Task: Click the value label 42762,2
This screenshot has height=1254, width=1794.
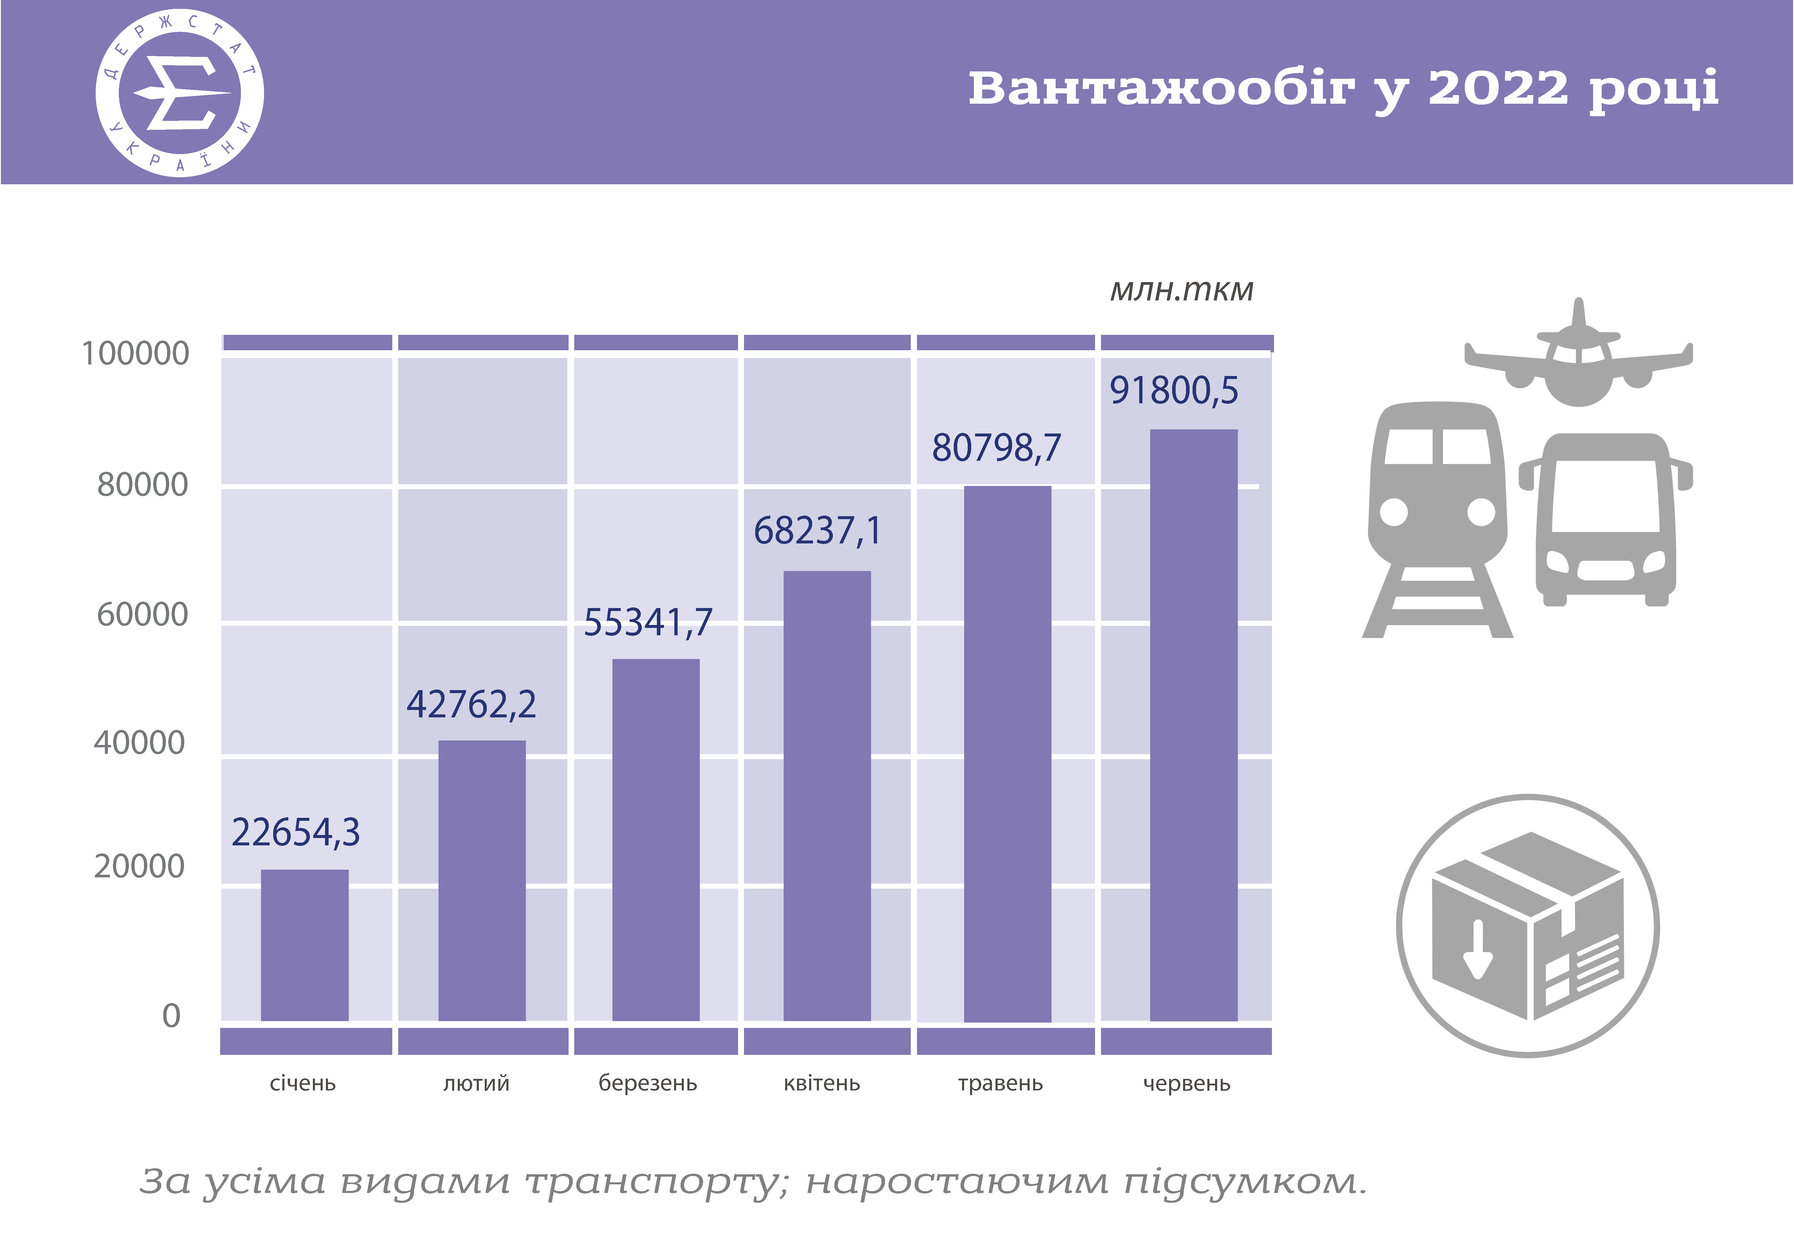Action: [x=471, y=704]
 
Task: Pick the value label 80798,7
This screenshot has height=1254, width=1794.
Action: [x=996, y=448]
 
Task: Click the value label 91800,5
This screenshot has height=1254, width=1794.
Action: [x=1174, y=390]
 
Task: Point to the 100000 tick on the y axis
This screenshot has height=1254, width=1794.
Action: [x=135, y=353]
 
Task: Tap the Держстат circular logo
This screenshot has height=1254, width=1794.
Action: [x=180, y=93]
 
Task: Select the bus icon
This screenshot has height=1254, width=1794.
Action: [x=1606, y=519]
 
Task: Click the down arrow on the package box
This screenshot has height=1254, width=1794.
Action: [x=1478, y=949]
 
